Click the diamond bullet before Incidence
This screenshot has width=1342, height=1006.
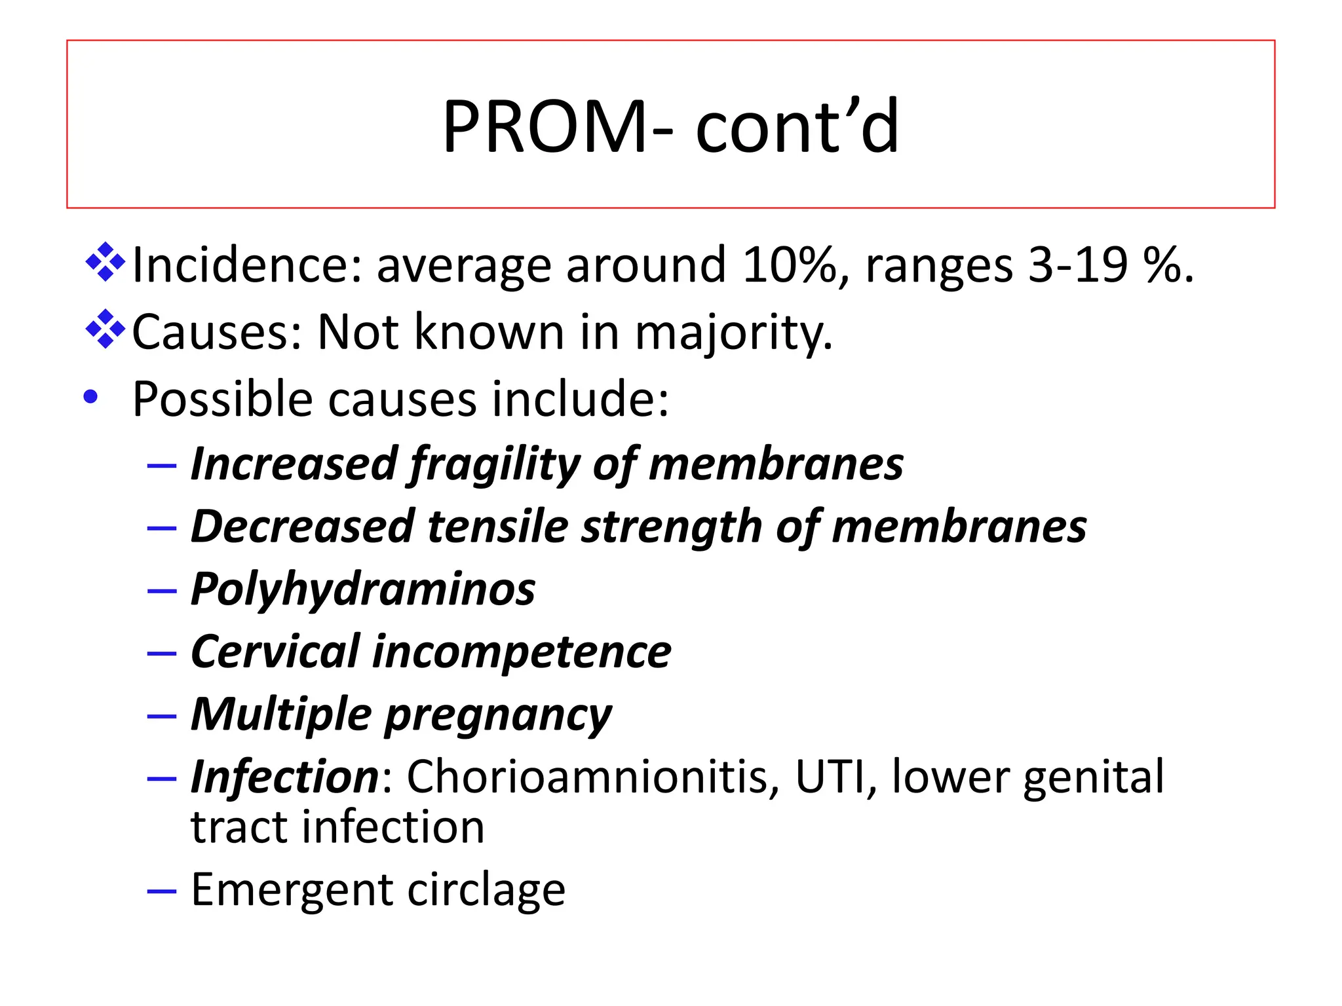pos(105,262)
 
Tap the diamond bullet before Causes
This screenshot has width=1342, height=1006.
pos(105,329)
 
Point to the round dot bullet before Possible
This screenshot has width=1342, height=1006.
pos(91,396)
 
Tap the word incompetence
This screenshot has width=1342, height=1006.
pos(521,652)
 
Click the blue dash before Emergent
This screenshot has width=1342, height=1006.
pos(162,891)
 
